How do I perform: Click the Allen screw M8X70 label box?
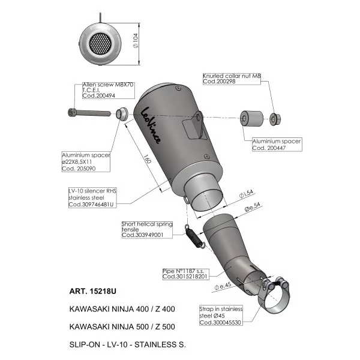[109, 91]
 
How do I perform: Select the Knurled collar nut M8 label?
[232, 79]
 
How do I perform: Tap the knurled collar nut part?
[275, 119]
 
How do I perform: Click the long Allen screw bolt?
[89, 113]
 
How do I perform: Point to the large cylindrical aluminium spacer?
[251, 118]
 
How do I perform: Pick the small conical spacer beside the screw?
[122, 113]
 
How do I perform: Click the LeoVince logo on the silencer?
[151, 125]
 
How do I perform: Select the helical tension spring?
[193, 236]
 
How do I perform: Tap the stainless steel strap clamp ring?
[273, 298]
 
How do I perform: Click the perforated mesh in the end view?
[100, 44]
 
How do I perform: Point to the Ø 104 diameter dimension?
[136, 41]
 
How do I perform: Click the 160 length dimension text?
[148, 159]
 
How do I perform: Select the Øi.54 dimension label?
[246, 194]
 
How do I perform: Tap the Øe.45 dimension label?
[223, 286]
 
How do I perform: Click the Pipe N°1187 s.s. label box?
[186, 274]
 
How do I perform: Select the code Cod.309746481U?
[91, 205]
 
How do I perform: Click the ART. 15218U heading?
[93, 291]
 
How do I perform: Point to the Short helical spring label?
[147, 229]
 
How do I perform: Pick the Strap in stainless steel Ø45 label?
[221, 316]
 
